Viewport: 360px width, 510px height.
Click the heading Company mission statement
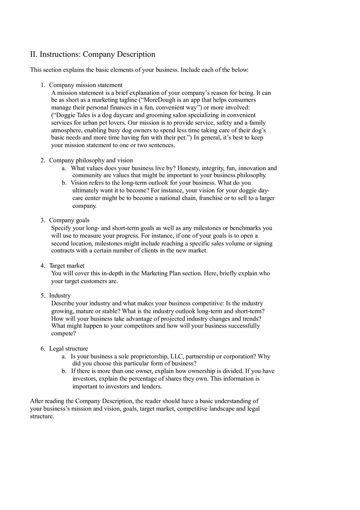85,85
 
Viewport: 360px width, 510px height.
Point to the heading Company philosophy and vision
91,160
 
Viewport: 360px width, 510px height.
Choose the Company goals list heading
69,220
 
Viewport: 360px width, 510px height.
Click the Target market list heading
67,266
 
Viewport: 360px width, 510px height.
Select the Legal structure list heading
68,349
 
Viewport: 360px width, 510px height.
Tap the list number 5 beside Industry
42,296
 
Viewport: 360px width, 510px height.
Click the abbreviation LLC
177,357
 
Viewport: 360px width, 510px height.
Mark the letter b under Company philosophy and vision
64,183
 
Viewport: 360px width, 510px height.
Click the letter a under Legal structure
64,357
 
